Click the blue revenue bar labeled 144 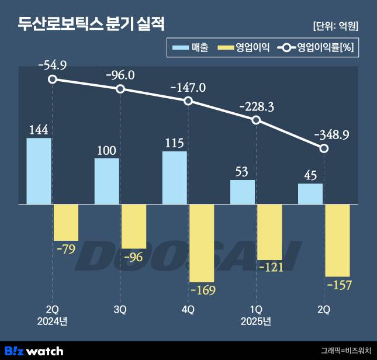pos(39,171)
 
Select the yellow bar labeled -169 pos(202,243)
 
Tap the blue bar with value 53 pos(243,192)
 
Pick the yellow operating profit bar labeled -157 pos(337,240)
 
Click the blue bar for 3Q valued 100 pos(107,181)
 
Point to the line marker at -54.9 pos(53,79)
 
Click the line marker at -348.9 pos(324,148)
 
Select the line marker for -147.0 pos(188,101)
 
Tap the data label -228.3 pos(256,107)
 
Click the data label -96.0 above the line pos(120,75)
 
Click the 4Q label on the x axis pos(188,309)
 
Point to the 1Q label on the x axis pos(256,309)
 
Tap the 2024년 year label pos(52,321)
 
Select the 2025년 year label pos(256,321)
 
